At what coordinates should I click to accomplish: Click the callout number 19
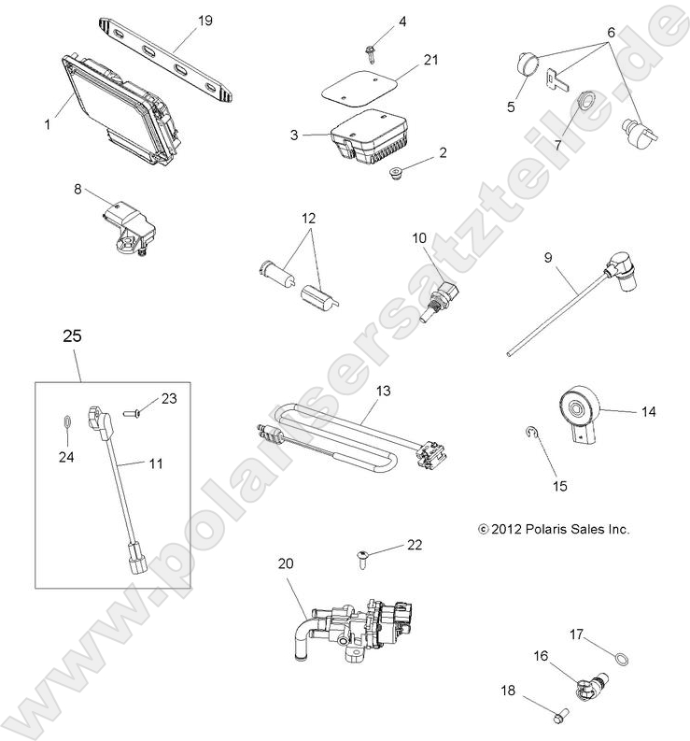click(x=205, y=20)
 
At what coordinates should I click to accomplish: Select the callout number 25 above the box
click(x=71, y=335)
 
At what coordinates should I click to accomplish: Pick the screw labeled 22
click(x=365, y=558)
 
